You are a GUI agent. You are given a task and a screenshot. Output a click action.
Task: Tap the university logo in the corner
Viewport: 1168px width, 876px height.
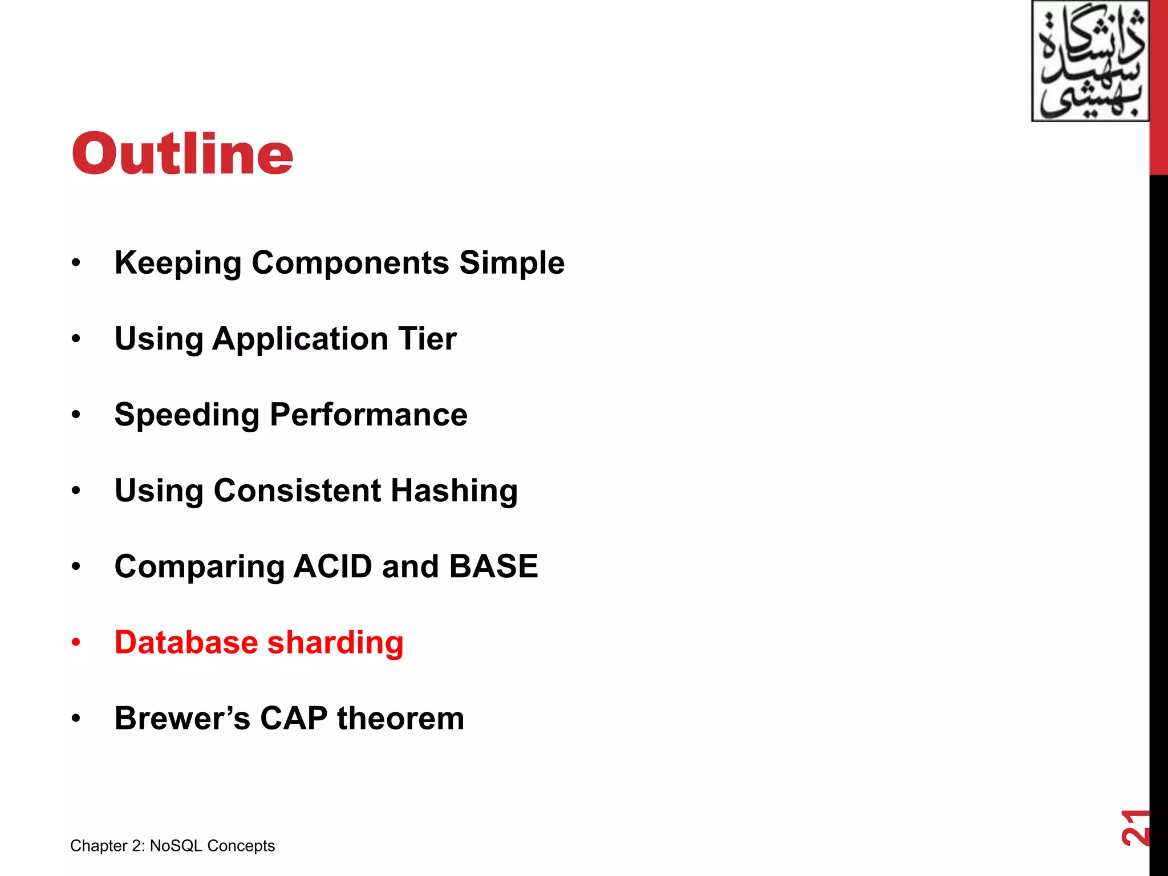point(1090,62)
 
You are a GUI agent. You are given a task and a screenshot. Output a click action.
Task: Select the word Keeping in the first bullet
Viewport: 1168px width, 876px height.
point(177,263)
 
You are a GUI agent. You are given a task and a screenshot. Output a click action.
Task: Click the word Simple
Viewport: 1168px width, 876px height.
point(512,263)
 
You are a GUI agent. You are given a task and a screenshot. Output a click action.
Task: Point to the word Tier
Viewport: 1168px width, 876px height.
point(427,339)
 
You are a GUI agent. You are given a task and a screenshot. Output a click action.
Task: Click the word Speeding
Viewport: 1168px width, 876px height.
point(186,415)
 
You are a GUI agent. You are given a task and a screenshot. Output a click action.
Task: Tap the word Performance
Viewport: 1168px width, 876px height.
point(368,415)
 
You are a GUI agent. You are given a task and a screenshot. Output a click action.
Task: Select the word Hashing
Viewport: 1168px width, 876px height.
point(454,491)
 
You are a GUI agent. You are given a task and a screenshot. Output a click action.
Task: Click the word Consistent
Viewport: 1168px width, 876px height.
point(297,490)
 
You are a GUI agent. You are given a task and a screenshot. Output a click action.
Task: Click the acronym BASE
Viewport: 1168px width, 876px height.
point(493,566)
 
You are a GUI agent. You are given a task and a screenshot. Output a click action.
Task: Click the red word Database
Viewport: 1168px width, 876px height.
point(186,642)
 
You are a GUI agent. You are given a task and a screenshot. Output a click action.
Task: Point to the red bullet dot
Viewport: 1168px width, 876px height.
point(76,643)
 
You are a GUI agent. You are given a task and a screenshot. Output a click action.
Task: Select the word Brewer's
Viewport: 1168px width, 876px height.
point(182,718)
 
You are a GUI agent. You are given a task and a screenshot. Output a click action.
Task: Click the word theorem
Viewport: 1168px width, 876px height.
point(400,718)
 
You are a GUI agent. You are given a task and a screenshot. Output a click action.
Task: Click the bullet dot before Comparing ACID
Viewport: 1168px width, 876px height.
point(76,567)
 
